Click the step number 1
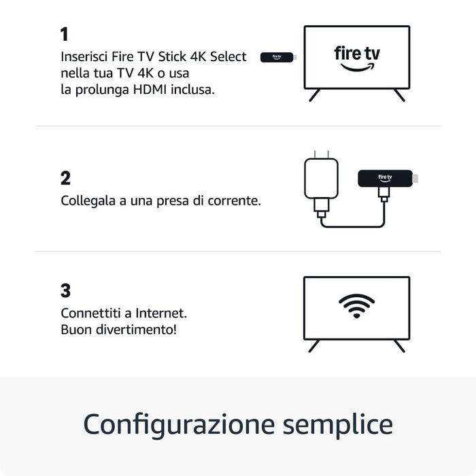point(65,35)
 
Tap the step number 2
point(65,179)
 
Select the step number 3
point(65,291)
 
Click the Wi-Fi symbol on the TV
point(357,307)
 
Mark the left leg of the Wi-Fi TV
point(314,345)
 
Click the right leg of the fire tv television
point(399,95)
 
